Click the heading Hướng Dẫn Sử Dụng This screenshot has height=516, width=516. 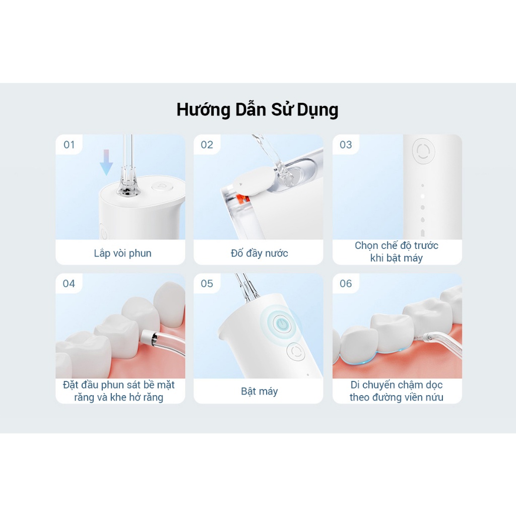tap(257, 110)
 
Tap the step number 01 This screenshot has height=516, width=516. tap(69, 145)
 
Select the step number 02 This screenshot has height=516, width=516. tap(207, 145)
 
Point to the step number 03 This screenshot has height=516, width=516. tap(346, 145)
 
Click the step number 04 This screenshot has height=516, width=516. tap(69, 284)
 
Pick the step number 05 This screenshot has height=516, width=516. tap(207, 284)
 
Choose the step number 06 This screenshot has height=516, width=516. tap(346, 284)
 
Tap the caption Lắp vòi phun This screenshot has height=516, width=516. tap(122, 253)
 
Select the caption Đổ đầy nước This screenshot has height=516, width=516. tap(260, 253)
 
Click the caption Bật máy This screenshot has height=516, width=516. tap(260, 392)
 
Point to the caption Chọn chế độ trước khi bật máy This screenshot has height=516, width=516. tap(397, 251)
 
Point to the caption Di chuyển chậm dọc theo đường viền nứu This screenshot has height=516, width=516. tap(397, 391)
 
